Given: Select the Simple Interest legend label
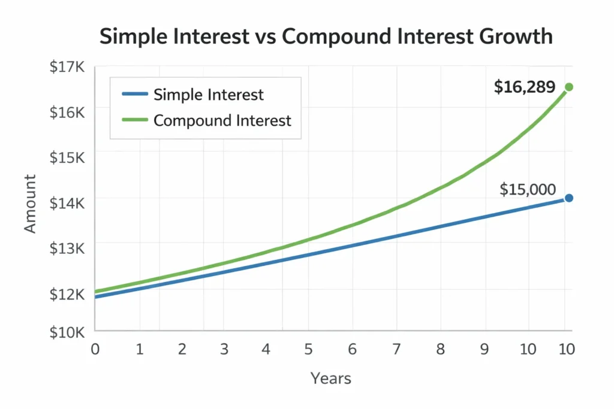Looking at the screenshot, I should point(208,95).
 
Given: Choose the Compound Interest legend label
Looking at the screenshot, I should point(222,120).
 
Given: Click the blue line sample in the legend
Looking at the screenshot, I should point(134,95).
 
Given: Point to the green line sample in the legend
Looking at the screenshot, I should point(134,120).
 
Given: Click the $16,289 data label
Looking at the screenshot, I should point(525,87).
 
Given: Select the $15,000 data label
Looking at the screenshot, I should point(527,190).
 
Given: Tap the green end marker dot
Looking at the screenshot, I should point(569,87).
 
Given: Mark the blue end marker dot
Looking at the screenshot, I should point(569,198).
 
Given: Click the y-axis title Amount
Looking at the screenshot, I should point(31,204).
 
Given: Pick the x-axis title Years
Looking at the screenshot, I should point(330,378).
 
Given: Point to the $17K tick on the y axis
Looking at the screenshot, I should point(67,67).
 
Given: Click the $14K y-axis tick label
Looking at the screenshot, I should point(67,202).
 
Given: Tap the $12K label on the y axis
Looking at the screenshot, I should point(67,293).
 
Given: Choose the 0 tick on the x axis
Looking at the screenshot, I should point(95,349).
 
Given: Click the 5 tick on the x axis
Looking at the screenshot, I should point(308,349).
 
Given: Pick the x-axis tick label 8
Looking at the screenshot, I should point(440,349).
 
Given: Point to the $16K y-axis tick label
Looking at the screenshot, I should point(67,111).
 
